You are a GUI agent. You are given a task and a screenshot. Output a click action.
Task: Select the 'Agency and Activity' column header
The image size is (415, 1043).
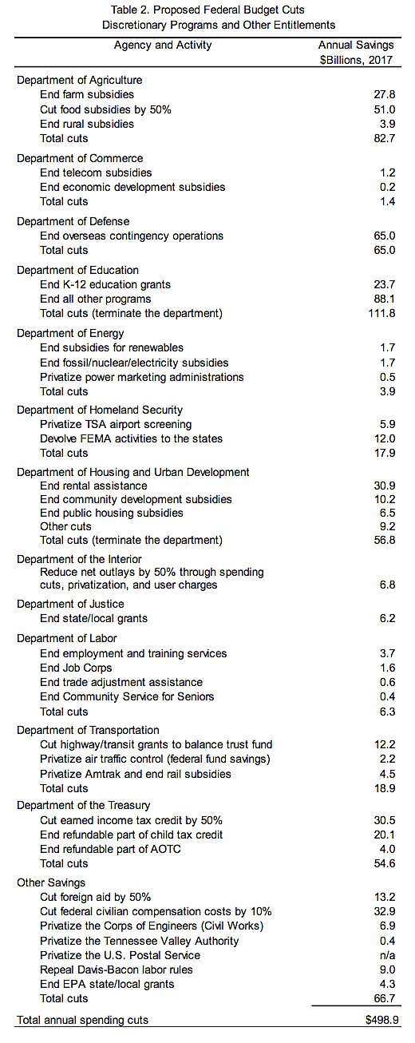pyautogui.click(x=163, y=45)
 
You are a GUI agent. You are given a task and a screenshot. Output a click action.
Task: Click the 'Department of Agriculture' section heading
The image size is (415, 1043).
pyautogui.click(x=79, y=80)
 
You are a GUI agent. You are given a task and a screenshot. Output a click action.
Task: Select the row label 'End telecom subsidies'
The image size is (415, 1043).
pyautogui.click(x=96, y=173)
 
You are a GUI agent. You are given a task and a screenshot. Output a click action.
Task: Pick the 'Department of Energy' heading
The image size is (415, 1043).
pyautogui.click(x=70, y=333)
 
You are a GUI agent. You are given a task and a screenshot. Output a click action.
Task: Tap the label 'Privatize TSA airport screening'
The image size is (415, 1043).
pyautogui.click(x=116, y=424)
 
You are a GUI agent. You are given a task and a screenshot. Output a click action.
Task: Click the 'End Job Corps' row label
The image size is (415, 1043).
pyautogui.click(x=76, y=668)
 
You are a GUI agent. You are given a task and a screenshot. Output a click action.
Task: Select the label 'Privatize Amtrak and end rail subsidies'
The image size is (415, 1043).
pyautogui.click(x=136, y=773)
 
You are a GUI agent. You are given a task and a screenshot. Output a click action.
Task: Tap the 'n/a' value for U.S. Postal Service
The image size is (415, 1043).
pyautogui.click(x=387, y=955)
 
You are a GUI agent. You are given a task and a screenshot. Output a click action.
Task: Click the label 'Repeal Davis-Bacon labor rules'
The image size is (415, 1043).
pyautogui.click(x=117, y=970)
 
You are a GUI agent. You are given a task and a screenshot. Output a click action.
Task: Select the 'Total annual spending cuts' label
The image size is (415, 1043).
pyautogui.click(x=82, y=1020)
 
